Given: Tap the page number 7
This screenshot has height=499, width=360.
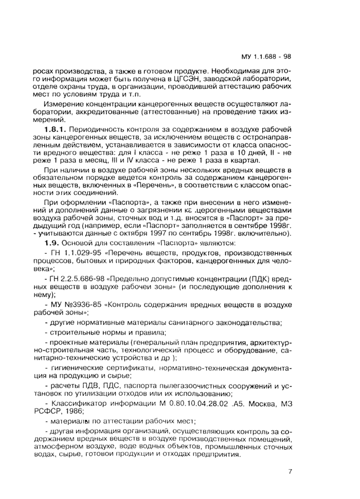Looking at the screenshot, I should (x=291, y=471).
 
